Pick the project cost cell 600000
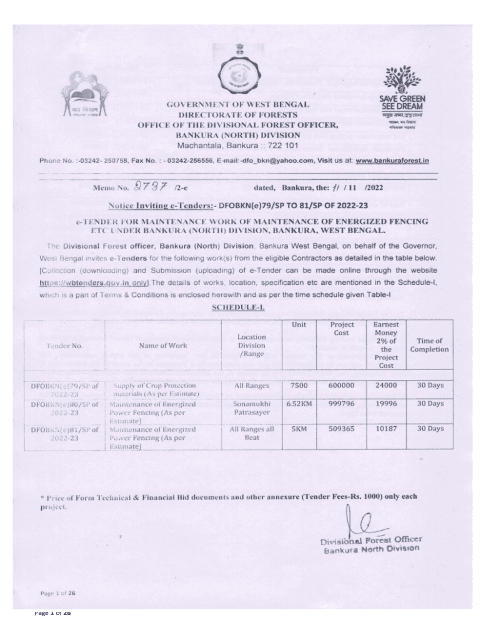point(342,386)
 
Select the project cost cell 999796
point(342,404)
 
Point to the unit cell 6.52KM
point(299,404)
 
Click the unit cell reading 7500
point(299,386)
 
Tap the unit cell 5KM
point(299,429)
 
